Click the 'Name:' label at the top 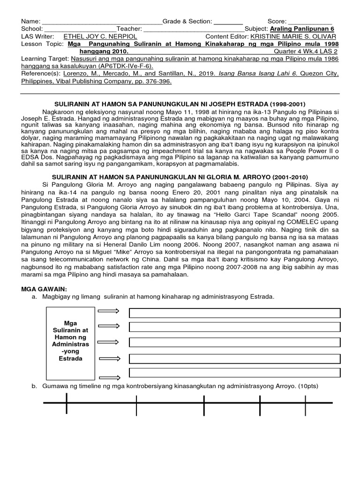click(30, 22)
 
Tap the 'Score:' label click(276, 22)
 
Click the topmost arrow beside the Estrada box click(108, 311)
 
